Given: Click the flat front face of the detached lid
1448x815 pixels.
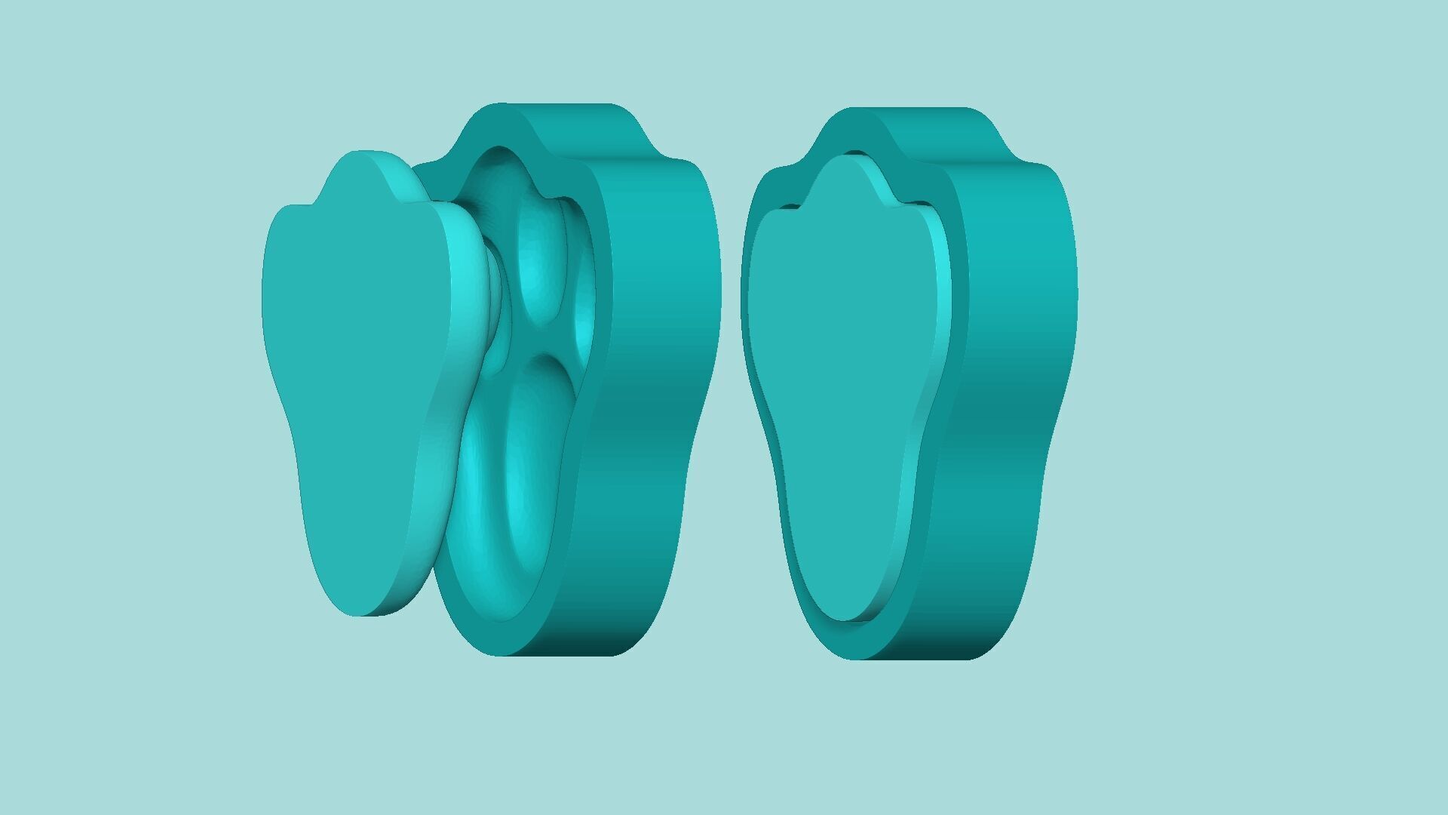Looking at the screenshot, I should [x=354, y=377].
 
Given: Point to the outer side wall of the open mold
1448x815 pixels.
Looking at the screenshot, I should [x=656, y=377].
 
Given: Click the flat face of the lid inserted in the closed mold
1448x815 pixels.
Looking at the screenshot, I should [x=837, y=377].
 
